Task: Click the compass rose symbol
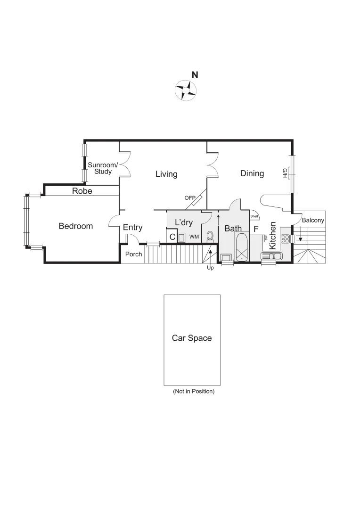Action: point(185,90)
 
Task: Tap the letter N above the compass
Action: point(195,75)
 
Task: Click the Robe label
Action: point(82,191)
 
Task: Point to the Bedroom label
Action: point(76,226)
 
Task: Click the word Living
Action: point(166,174)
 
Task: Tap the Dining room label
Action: point(252,173)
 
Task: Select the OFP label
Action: point(190,198)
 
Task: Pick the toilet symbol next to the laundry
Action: point(211,235)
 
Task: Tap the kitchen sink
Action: point(272,256)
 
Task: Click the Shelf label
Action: point(254,217)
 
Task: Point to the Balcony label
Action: point(313,220)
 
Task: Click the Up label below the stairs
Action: point(210,268)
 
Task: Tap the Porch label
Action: point(133,254)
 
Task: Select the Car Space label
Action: point(192,338)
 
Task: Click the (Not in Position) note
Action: point(194,391)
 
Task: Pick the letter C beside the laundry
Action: point(172,237)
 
